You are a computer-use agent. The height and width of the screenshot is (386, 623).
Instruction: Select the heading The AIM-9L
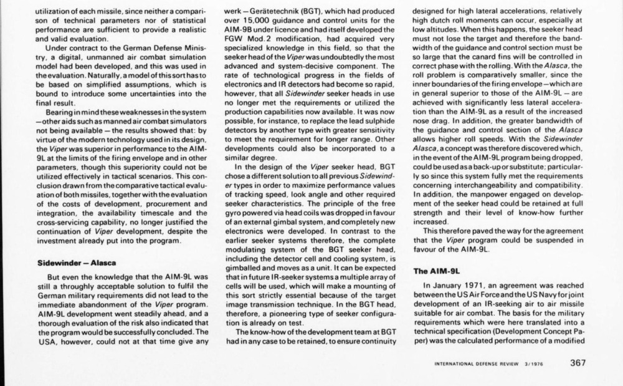[436, 271]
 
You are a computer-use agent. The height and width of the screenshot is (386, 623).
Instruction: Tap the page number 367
[576, 364]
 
